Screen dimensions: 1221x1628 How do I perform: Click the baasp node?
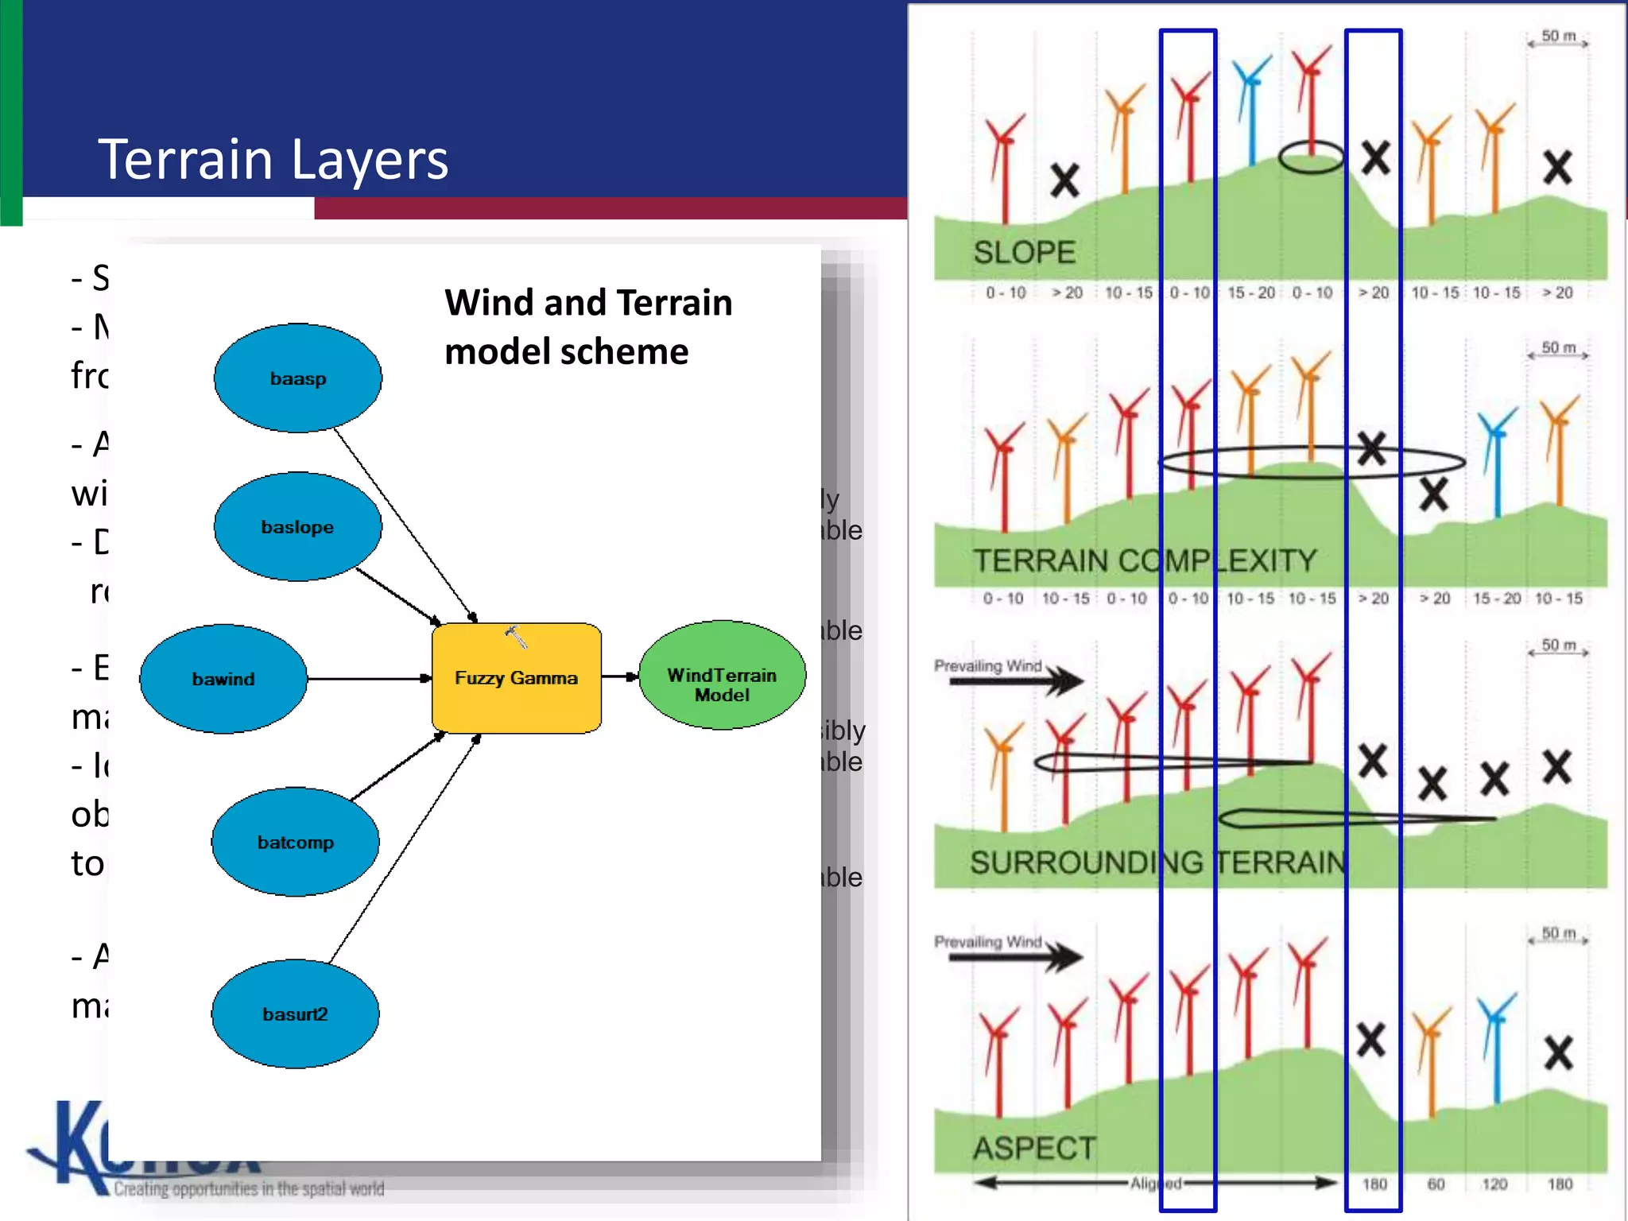(x=298, y=378)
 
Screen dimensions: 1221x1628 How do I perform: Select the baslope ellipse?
(x=298, y=527)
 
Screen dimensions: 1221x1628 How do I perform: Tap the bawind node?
(x=223, y=679)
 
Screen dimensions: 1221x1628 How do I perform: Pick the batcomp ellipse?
(x=295, y=843)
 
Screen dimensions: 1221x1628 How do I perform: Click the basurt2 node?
(x=295, y=1014)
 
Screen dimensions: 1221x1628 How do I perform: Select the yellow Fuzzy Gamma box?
(x=517, y=678)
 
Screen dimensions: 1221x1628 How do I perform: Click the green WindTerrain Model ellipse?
(x=722, y=676)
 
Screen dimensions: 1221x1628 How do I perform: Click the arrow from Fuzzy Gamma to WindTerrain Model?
(x=620, y=676)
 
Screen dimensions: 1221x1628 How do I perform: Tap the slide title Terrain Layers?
(x=273, y=159)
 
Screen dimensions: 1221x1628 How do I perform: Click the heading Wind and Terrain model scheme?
(x=588, y=327)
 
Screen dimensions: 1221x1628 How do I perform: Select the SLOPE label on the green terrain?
(x=1024, y=253)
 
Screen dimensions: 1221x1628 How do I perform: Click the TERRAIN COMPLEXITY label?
(x=1145, y=561)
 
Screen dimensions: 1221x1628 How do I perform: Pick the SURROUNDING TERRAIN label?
(x=1157, y=862)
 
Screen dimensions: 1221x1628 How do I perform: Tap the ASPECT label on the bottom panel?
(x=1034, y=1149)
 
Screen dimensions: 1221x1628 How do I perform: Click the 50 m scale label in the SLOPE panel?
(x=1558, y=37)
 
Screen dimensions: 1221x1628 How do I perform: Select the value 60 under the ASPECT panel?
(x=1436, y=1184)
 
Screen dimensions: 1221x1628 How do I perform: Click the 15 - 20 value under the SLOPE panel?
(x=1250, y=293)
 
